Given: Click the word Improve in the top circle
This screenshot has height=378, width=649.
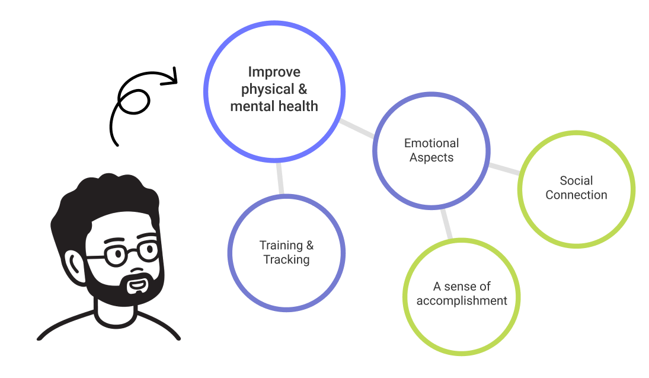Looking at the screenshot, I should [274, 72].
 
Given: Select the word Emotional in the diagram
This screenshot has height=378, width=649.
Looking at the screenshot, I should [431, 143].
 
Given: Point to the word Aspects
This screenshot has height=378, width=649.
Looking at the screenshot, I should [431, 158].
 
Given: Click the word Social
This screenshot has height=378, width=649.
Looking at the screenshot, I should [576, 180].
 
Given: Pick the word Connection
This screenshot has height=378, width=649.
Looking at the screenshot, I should [576, 195].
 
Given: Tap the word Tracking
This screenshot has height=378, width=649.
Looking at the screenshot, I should [286, 260].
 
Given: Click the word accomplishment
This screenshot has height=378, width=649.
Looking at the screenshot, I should [462, 301].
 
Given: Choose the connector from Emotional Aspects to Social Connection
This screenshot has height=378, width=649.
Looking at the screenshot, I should [504, 169].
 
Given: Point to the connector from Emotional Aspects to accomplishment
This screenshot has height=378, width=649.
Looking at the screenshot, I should [446, 223].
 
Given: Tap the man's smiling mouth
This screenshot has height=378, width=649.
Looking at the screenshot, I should [137, 285].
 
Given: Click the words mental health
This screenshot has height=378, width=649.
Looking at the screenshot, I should [274, 107].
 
